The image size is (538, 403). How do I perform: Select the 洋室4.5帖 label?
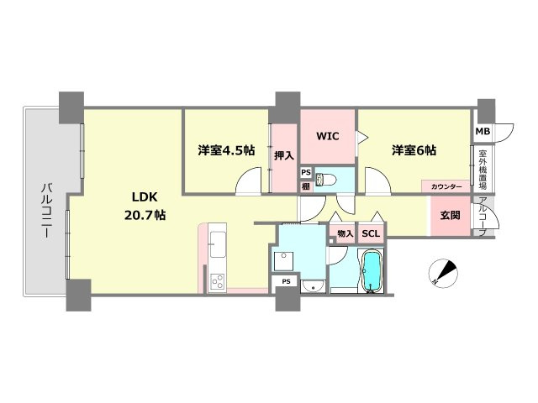click(x=225, y=150)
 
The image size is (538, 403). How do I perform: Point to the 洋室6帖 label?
click(x=412, y=150)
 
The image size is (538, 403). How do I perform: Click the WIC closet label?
click(x=328, y=135)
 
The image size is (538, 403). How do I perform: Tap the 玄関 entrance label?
click(x=450, y=215)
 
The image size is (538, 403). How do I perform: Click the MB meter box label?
click(x=483, y=132)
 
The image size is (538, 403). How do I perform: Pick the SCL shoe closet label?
click(x=370, y=233)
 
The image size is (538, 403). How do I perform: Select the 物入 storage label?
click(x=345, y=233)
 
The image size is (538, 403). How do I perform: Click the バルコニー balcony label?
click(x=43, y=210)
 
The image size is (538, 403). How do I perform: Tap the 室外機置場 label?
click(x=483, y=170)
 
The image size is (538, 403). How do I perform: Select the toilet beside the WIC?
click(x=332, y=179)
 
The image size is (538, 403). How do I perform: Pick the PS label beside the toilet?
click(x=306, y=172)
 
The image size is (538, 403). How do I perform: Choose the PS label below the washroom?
click(x=287, y=281)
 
